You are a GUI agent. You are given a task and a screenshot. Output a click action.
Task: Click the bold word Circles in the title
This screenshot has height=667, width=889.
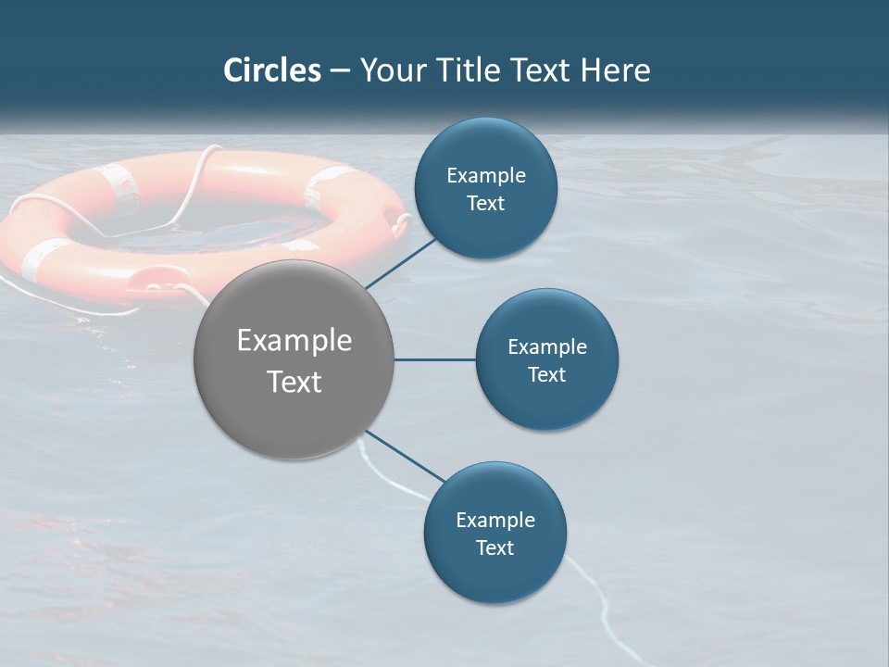[272, 70]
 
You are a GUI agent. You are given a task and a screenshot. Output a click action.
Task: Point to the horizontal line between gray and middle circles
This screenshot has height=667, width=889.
[434, 359]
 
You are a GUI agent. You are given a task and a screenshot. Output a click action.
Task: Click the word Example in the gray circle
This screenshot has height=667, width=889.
[294, 341]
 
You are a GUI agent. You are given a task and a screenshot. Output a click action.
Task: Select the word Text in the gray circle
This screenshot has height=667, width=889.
[294, 382]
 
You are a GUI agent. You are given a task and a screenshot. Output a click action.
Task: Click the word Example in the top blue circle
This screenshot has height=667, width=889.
[486, 176]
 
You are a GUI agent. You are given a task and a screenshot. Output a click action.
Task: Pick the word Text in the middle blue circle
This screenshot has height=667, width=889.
[547, 375]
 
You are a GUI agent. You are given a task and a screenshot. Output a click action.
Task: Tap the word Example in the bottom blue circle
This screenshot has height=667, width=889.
[495, 520]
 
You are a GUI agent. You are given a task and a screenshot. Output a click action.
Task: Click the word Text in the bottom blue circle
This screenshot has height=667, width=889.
[495, 548]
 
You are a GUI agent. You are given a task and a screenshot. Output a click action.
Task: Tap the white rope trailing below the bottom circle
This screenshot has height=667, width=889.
[593, 593]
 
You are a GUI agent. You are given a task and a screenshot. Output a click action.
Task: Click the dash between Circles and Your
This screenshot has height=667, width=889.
[340, 71]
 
